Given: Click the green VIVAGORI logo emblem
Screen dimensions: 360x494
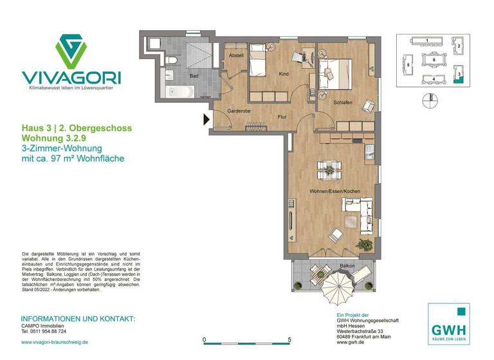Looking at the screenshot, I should click(71, 51).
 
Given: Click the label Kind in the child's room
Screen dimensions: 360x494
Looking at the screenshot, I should click(283, 75).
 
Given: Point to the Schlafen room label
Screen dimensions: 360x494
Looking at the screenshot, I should click(342, 104).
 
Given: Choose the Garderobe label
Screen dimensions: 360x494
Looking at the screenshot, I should click(238, 111).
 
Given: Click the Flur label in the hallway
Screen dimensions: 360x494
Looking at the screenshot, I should click(282, 117).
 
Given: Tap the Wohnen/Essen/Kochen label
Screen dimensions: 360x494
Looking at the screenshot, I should click(334, 192).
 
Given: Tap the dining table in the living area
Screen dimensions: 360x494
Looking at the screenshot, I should click(329, 170).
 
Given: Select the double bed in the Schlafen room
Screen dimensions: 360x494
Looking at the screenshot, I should click(336, 72).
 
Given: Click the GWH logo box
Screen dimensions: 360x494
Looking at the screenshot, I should click(448, 323).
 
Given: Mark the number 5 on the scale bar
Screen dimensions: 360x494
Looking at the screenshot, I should click(290, 339).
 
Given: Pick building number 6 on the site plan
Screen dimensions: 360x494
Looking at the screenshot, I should click(434, 59).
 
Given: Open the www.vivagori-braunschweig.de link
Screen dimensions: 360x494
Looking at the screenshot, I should click(55, 342).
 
